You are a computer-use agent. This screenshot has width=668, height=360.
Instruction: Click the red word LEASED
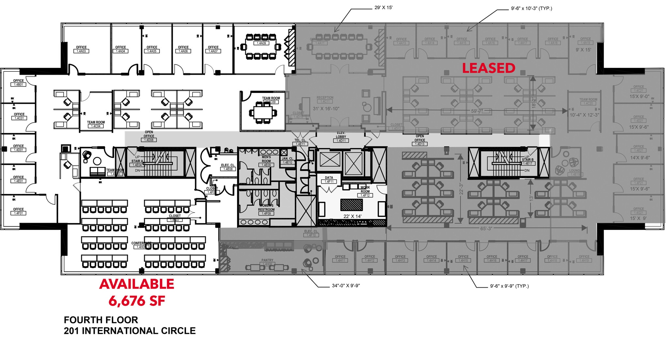click(489, 68)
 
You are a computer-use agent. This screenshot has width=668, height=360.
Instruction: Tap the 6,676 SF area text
click(137, 301)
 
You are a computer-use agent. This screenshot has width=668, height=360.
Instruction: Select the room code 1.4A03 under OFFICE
click(81, 51)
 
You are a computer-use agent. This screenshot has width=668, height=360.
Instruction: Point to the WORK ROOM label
click(365, 189)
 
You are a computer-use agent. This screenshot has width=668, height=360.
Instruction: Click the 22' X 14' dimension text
click(352, 216)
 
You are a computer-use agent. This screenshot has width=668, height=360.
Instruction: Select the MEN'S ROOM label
click(266, 159)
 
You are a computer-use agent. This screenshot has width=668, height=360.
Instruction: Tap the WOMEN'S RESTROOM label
click(266, 208)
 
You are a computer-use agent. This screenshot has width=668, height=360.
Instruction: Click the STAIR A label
click(137, 161)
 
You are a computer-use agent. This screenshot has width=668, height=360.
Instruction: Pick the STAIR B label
click(527, 160)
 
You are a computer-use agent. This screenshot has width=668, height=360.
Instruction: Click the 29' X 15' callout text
click(383, 7)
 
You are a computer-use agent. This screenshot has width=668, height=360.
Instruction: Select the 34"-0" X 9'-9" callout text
click(346, 286)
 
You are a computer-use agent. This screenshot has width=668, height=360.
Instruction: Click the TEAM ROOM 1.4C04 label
click(96, 124)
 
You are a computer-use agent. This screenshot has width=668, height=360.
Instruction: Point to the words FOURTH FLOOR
click(101, 320)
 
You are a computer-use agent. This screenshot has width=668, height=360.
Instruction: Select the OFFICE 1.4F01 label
click(19, 211)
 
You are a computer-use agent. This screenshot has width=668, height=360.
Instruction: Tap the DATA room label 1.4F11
click(329, 179)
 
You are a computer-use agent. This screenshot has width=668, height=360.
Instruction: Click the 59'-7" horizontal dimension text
click(477, 111)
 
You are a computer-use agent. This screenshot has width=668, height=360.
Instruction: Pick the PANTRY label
click(267, 260)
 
